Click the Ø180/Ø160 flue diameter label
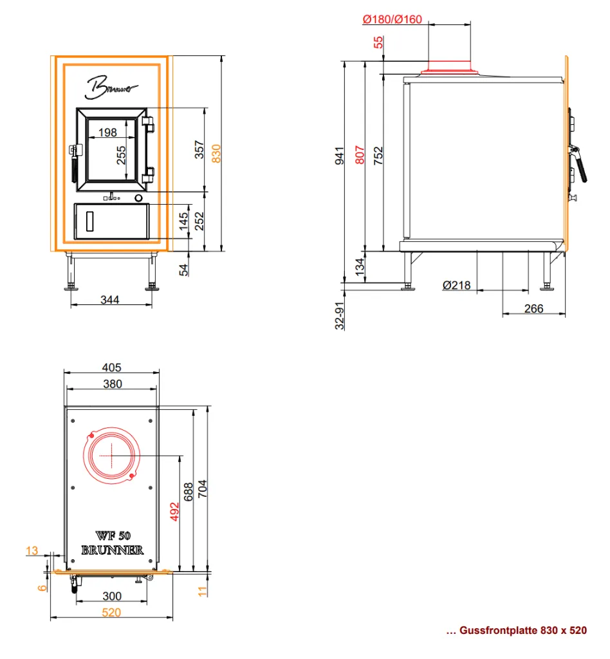click(x=392, y=19)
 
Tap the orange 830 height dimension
click(x=216, y=153)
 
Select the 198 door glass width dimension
click(x=107, y=133)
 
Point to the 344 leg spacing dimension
click(x=109, y=300)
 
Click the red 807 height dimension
click(x=360, y=154)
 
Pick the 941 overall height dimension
click(x=340, y=156)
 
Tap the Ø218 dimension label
click(x=457, y=285)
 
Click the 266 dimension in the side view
click(x=533, y=308)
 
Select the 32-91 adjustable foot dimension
click(x=340, y=315)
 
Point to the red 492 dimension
click(x=175, y=512)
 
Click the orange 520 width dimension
click(x=111, y=613)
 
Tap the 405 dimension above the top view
click(x=112, y=367)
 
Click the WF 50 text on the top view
click(x=113, y=535)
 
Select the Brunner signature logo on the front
click(x=110, y=88)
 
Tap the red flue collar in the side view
click(x=450, y=68)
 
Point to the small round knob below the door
click(x=138, y=198)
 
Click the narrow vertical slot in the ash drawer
click(x=89, y=221)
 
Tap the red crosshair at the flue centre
click(x=111, y=455)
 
